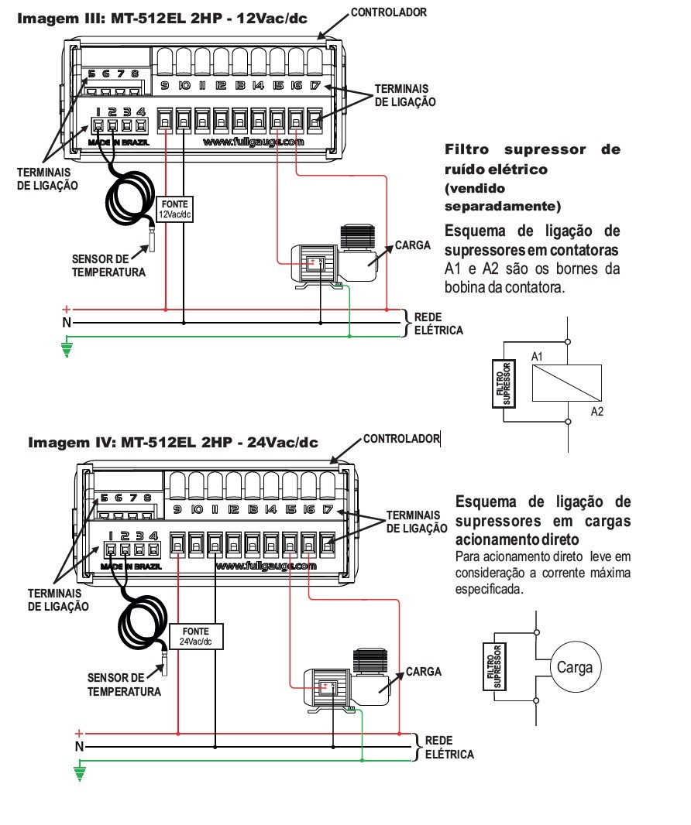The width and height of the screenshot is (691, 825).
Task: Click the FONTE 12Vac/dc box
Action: [175, 209]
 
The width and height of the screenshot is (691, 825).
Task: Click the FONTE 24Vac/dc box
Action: [196, 636]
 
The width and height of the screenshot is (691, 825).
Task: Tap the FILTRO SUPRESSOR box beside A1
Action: [504, 384]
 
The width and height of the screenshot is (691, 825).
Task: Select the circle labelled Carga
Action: [575, 667]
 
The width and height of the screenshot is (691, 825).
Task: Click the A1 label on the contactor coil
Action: [537, 357]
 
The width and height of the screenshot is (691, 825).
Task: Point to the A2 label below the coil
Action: [596, 412]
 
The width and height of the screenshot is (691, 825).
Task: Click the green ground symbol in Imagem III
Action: [67, 349]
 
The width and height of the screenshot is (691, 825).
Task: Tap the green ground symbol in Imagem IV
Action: [80, 773]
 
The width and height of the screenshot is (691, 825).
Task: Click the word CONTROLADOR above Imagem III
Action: [389, 12]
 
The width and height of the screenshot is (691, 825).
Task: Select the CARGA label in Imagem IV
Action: [424, 671]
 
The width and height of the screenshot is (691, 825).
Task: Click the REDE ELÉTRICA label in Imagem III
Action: [438, 323]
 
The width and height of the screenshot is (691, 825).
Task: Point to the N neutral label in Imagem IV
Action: [80, 746]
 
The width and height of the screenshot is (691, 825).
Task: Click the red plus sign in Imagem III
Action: [67, 310]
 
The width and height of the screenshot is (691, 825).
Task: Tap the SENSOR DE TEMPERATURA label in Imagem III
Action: [108, 265]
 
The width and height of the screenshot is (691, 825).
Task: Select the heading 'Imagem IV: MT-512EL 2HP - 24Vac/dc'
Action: [174, 442]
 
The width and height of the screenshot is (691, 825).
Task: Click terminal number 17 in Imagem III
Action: [315, 85]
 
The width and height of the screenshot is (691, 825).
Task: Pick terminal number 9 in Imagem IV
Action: [177, 508]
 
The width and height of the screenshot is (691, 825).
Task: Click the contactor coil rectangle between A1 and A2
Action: [567, 383]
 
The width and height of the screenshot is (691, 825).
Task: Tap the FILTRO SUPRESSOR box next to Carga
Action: [494, 666]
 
